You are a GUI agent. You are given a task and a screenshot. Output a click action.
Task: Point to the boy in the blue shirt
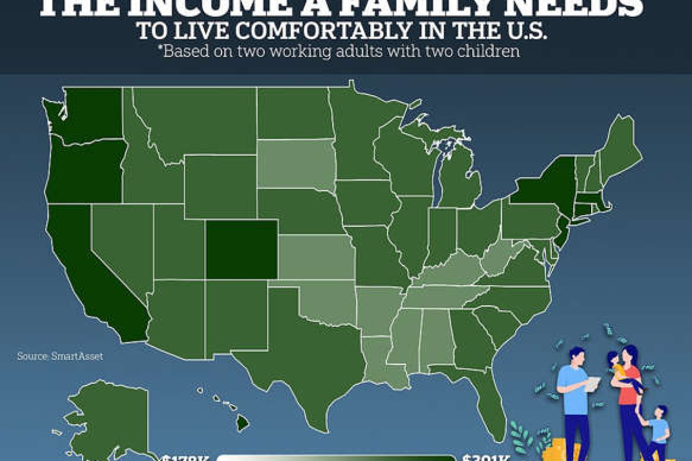tap(658, 429)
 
